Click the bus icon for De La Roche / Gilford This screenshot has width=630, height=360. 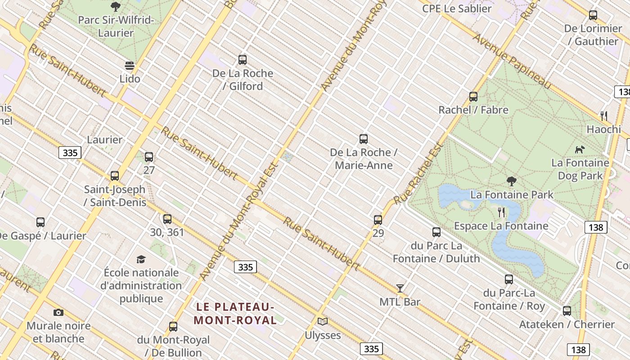[x=243, y=59]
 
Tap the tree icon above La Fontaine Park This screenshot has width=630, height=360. [x=511, y=181]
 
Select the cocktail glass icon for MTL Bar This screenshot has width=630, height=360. [x=400, y=288]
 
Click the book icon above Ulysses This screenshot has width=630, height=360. [x=323, y=321]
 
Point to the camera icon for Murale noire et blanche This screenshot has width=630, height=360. [x=58, y=312]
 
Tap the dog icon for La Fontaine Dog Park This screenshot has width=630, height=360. [x=580, y=149]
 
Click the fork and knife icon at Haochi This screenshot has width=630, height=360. [x=604, y=116]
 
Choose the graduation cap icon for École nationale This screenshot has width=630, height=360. [x=141, y=259]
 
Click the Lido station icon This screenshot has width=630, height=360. [x=130, y=66]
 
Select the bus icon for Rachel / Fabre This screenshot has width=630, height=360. [x=473, y=96]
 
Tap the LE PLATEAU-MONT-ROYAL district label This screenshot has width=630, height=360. [x=235, y=314]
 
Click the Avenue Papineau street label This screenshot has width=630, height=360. [x=512, y=61]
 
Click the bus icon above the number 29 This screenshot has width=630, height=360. [x=378, y=220]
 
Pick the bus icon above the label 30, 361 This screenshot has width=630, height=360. [x=167, y=219]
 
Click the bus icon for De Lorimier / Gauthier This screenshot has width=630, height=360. [x=593, y=15]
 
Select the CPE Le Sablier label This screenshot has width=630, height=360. [x=457, y=9]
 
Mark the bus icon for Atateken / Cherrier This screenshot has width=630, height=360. [x=567, y=311]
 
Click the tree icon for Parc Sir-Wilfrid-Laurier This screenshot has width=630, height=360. [x=116, y=7]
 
